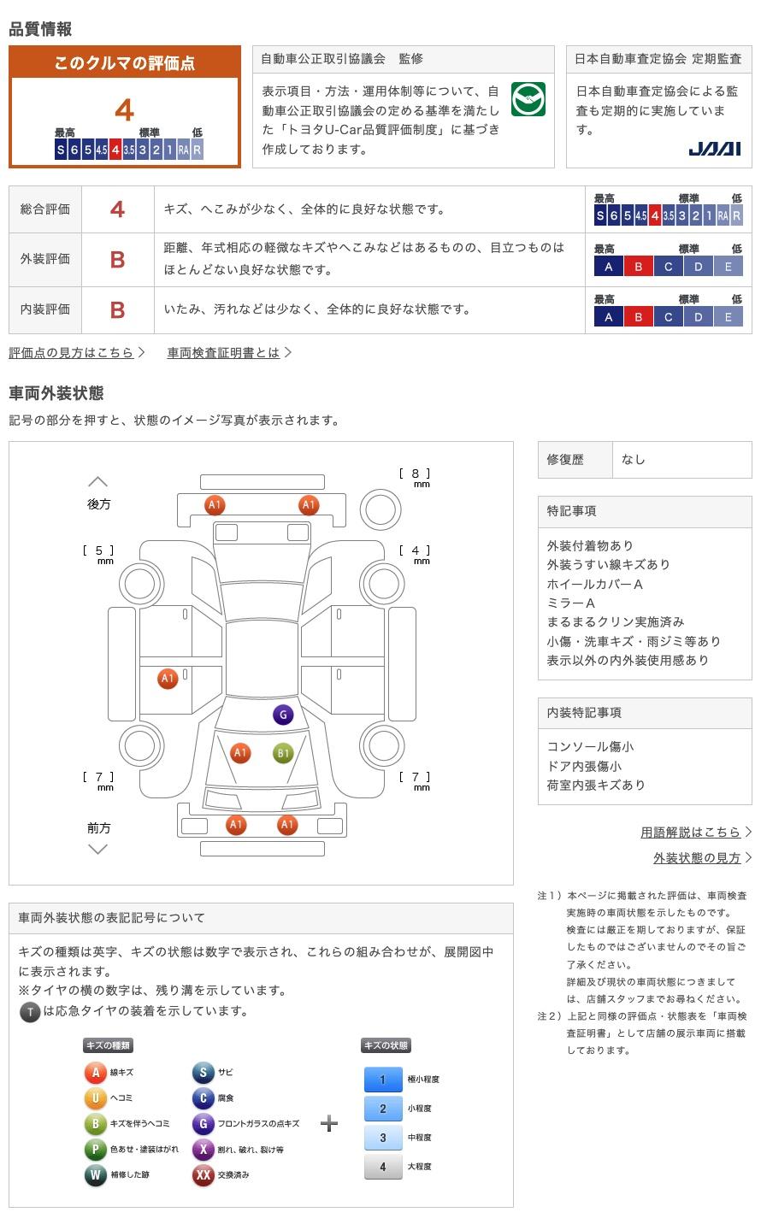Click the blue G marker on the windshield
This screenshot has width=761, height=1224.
point(283,715)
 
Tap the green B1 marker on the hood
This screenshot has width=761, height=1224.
point(283,753)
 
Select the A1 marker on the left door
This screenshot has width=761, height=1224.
point(168,679)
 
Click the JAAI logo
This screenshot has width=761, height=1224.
point(714,149)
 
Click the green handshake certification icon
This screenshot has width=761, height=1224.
point(528,100)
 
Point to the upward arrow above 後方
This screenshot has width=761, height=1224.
point(98,482)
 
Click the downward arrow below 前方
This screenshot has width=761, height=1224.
point(98,849)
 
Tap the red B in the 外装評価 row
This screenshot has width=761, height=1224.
point(118,260)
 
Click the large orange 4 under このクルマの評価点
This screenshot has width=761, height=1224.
point(125,110)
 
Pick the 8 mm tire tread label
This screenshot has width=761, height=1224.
point(416,475)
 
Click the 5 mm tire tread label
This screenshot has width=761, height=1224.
point(99,552)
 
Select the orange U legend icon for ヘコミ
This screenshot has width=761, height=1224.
point(95,1098)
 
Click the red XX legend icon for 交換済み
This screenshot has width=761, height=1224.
point(203,1175)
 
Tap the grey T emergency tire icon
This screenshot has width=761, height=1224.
point(30,1013)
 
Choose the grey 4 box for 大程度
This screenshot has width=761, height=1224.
point(382,1167)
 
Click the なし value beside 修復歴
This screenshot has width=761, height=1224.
point(634,460)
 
